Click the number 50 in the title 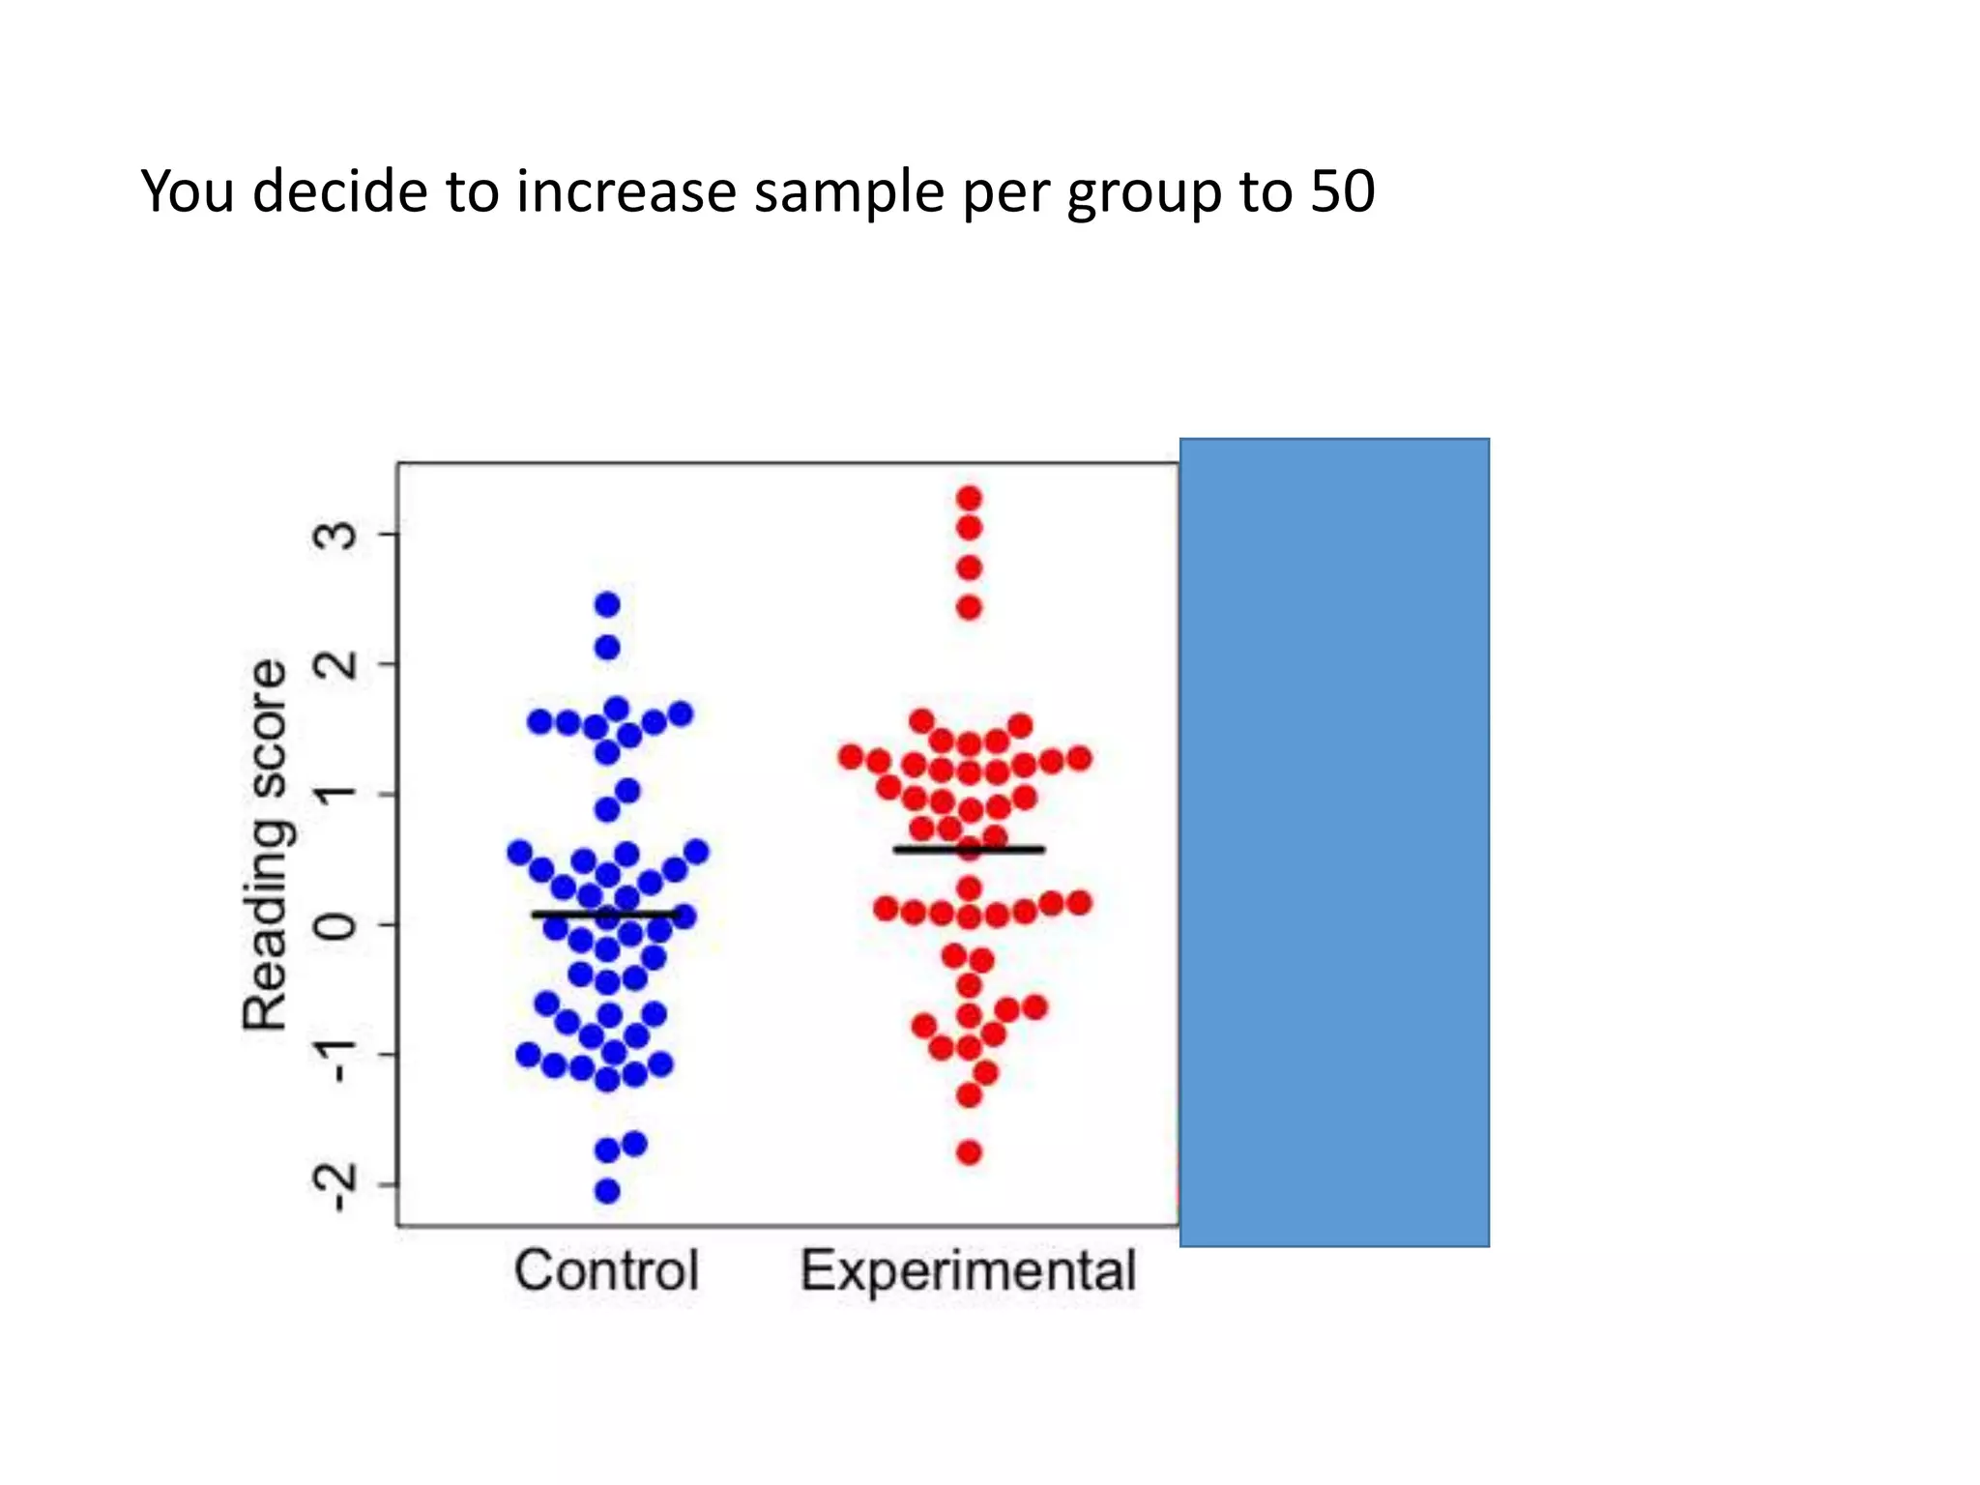(x=1342, y=191)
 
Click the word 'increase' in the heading (x=627, y=191)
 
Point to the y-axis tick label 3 (x=336, y=535)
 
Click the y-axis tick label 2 (x=336, y=664)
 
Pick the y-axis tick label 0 (x=336, y=925)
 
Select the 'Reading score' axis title (x=265, y=846)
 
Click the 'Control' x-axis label (x=606, y=1270)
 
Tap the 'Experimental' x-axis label (x=968, y=1270)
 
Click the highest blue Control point (x=607, y=605)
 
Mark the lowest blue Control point (x=607, y=1191)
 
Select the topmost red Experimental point (x=969, y=499)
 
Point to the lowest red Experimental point (x=969, y=1152)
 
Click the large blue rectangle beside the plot (x=1334, y=841)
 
